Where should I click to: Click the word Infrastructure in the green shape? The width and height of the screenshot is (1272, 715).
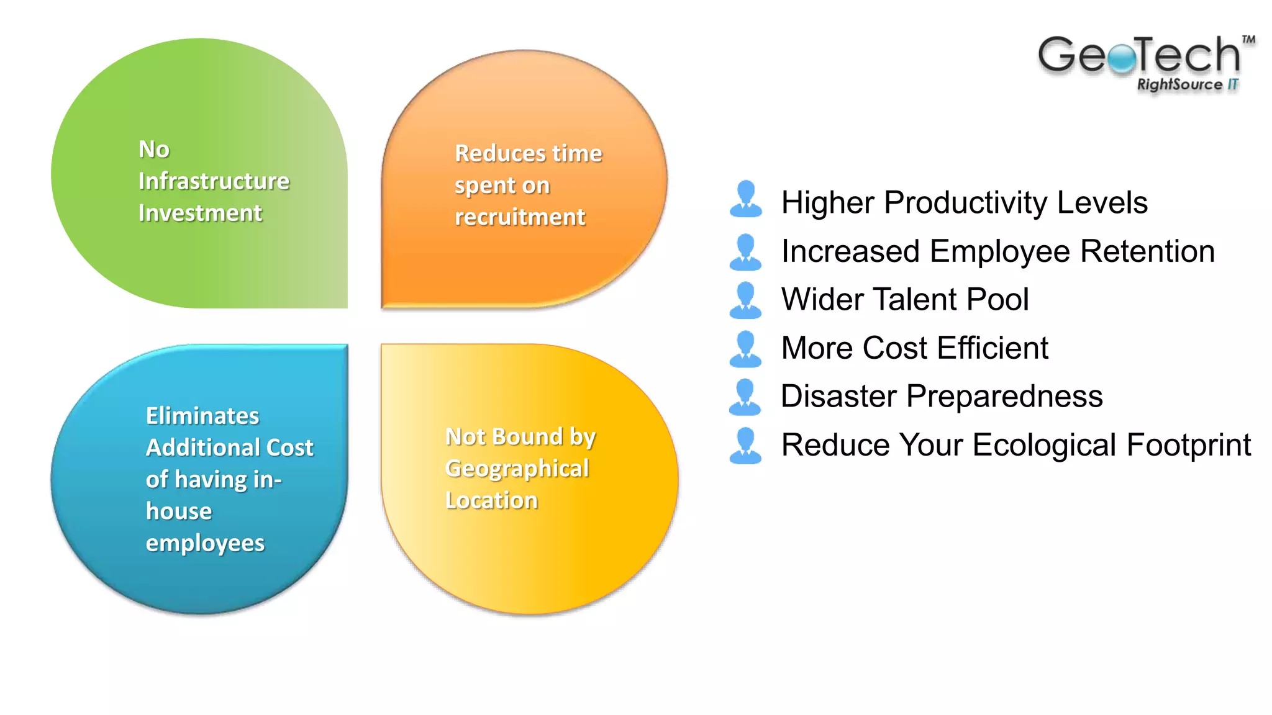pos(214,181)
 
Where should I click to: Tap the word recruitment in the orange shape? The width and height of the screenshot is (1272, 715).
pos(520,217)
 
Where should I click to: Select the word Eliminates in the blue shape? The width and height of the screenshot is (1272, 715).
pos(202,416)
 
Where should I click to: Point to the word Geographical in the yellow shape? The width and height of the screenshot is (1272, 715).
pos(517,469)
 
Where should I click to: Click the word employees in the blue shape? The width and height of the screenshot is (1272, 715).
pos(205,543)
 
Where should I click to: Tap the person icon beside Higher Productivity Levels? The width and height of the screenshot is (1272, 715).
pos(745,199)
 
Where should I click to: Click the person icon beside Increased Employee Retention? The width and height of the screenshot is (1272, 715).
pos(745,252)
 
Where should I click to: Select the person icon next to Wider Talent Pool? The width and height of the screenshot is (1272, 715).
pos(745,300)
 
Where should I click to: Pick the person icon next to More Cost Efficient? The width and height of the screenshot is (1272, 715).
pos(745,349)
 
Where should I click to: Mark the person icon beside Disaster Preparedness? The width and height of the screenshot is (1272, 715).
pos(745,397)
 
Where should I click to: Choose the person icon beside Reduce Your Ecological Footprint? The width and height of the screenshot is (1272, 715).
pos(745,446)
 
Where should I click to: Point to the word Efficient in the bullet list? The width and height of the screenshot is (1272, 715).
pos(993,348)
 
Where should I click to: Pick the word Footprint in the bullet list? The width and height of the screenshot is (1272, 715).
pos(1189,445)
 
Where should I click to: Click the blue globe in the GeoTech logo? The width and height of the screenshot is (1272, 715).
pos(1122,59)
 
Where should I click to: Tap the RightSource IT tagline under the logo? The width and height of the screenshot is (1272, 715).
pos(1187,84)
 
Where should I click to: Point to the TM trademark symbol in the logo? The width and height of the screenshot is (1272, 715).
pos(1248,40)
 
